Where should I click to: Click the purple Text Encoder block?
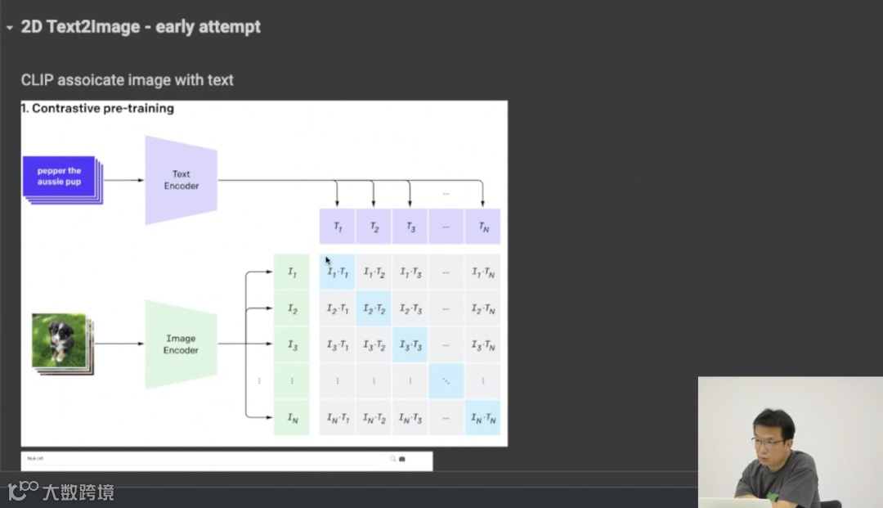[181, 180]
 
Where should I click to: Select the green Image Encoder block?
[181, 344]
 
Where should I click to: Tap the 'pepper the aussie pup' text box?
[60, 177]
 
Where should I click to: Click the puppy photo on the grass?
[59, 339]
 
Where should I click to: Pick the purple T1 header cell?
[337, 227]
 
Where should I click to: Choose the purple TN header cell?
[482, 227]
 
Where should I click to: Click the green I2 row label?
[292, 308]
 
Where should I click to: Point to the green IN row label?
[292, 418]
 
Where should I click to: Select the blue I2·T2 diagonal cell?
[374, 308]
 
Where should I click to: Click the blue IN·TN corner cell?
[482, 418]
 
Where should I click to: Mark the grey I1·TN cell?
[482, 272]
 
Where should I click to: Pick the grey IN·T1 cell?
[337, 418]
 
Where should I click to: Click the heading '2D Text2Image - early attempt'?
[141, 27]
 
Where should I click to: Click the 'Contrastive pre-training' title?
[102, 108]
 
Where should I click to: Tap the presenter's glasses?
[767, 442]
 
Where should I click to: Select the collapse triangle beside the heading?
[10, 28]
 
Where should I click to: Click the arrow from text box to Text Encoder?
[123, 180]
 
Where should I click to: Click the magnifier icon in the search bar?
[392, 459]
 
